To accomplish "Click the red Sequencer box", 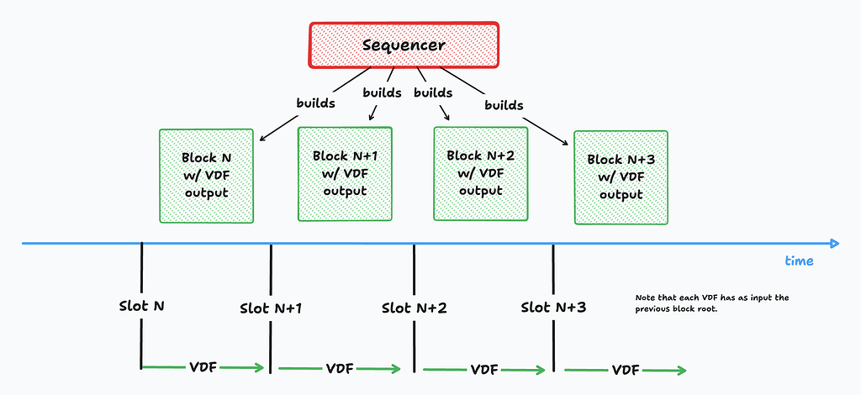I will click(404, 45).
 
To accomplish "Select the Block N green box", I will click(206, 176).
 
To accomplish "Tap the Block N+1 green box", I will click(346, 173).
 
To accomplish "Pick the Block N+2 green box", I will click(480, 173).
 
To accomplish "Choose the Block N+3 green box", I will click(621, 177).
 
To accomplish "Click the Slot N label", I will click(140, 304).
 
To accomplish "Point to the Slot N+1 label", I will click(271, 308).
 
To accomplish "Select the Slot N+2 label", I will click(414, 308).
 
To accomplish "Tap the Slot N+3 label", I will click(553, 308).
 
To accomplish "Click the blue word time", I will click(799, 261).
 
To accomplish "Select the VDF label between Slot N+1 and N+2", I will click(339, 368).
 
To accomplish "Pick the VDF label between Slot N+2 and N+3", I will click(483, 369).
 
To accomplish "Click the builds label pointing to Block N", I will click(315, 105).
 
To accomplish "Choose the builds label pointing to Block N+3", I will click(504, 106).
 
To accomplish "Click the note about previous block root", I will click(711, 303).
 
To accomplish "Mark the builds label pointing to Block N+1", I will click(383, 92).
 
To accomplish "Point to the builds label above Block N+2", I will click(434, 92).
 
